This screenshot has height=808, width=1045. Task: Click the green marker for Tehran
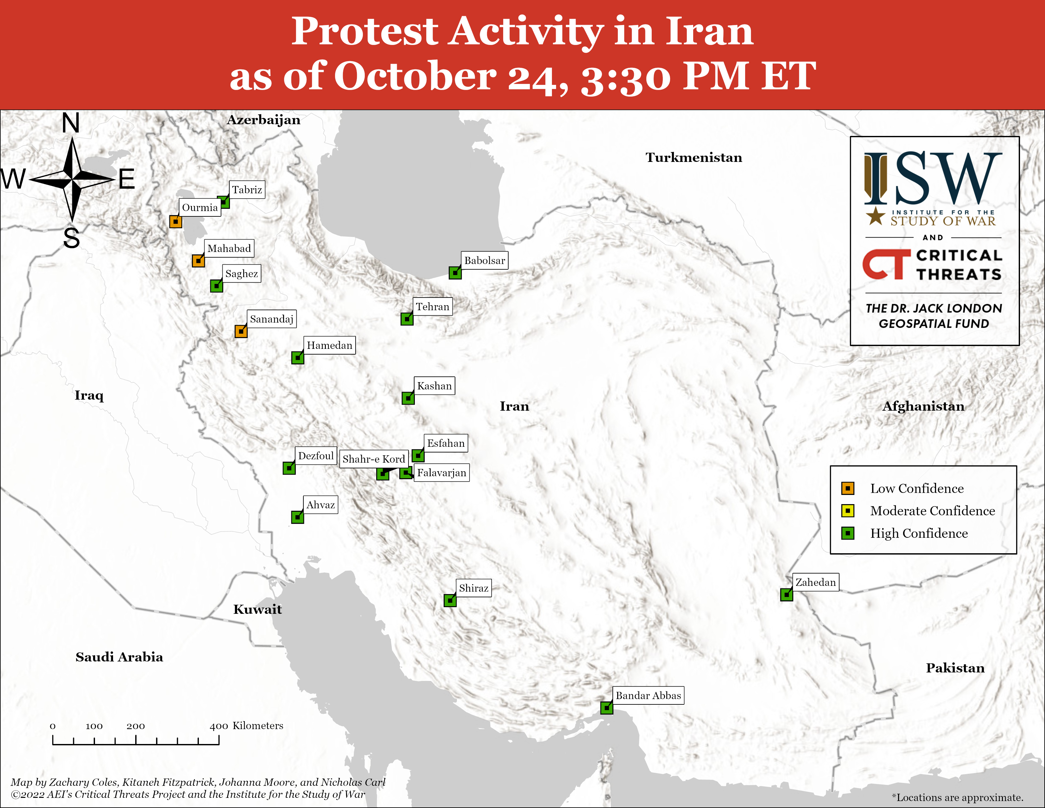pyautogui.click(x=407, y=318)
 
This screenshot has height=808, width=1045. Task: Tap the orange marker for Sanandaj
pyautogui.click(x=241, y=331)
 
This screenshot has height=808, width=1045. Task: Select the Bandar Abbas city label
pyautogui.click(x=648, y=696)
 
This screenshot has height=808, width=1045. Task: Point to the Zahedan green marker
pyautogui.click(x=787, y=594)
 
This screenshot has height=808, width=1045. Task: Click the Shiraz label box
pyautogui.click(x=474, y=588)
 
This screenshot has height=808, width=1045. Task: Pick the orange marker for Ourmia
pyautogui.click(x=176, y=221)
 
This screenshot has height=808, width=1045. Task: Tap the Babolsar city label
pyautogui.click(x=485, y=260)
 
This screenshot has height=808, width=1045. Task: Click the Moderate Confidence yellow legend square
pyautogui.click(x=848, y=511)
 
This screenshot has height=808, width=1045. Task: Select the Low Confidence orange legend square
pyautogui.click(x=848, y=488)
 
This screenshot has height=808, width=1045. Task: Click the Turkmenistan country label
pyautogui.click(x=694, y=157)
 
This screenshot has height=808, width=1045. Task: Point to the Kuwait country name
pyautogui.click(x=257, y=609)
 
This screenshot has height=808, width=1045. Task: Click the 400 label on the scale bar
pyautogui.click(x=219, y=726)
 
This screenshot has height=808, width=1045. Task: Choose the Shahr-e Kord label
pyautogui.click(x=374, y=459)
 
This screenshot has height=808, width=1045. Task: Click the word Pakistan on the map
pyautogui.click(x=955, y=668)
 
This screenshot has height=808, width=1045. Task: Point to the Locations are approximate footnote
pyautogui.click(x=957, y=798)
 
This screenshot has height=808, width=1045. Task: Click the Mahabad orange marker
pyautogui.click(x=199, y=261)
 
